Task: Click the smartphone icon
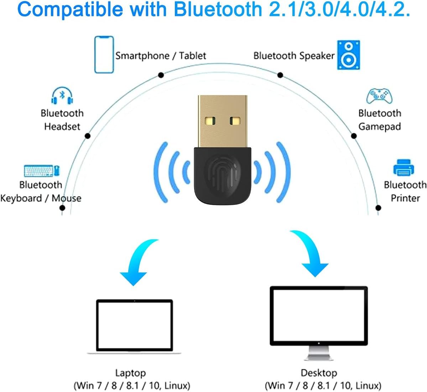pos(104,55)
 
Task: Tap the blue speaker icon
pos(348,55)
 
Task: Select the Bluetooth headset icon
pos(62,95)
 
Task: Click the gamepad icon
pos(379,96)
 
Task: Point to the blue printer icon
pos(403,167)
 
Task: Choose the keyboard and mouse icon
pos(42,171)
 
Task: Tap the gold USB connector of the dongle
pos(223,121)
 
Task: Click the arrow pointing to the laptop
pos(137,262)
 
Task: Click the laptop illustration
pos(134,327)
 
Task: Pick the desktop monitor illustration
pos(319,323)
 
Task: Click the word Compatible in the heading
pos(70,10)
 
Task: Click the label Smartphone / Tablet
pos(161,56)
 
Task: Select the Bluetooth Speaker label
pos(294,56)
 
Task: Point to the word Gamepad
pos(380,127)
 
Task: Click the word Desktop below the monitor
pos(319,373)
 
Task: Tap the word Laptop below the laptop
pos(130,373)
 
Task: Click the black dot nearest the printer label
pos(378,208)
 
